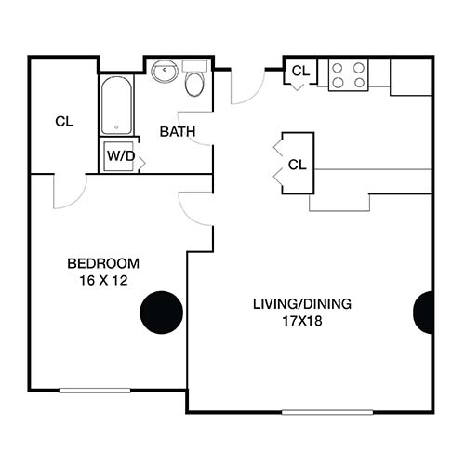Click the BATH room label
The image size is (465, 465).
point(177,132)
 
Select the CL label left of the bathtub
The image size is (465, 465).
point(63,121)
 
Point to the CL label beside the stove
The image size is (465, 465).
point(300,72)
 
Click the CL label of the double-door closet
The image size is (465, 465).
point(297,165)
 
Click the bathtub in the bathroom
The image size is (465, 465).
point(116,105)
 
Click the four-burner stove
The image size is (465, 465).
point(348,74)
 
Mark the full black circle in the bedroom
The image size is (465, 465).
point(162,312)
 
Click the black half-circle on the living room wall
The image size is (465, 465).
point(425,312)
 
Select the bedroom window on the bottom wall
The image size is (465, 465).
point(95,390)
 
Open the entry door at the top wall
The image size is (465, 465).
point(247,86)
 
